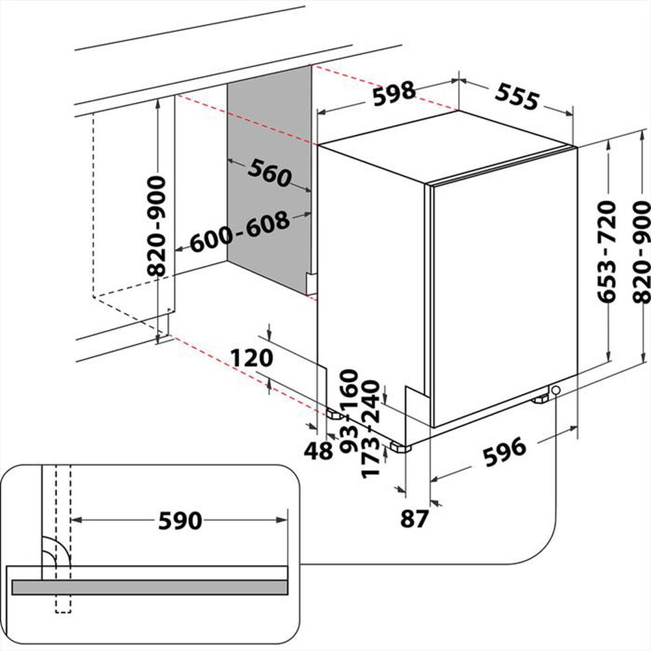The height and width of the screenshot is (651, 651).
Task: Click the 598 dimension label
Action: tap(393, 92)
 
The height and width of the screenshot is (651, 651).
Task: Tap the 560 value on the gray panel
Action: tap(268, 173)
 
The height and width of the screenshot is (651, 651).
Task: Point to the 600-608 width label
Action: tap(240, 232)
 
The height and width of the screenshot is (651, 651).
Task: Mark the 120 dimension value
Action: tap(252, 358)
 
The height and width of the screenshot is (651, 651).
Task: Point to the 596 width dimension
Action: tap(503, 449)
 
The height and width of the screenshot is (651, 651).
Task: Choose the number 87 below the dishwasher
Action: tap(414, 519)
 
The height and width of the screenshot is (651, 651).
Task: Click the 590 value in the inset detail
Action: tap(179, 520)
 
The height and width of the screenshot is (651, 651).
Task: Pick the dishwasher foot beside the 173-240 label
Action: tap(399, 448)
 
